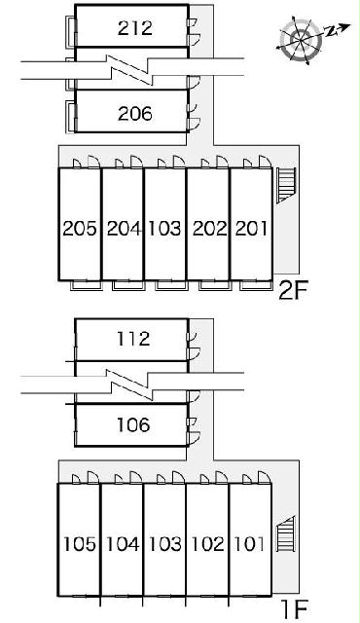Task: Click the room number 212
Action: tap(134, 28)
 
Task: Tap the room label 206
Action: tap(134, 114)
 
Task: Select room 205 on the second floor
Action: tap(80, 229)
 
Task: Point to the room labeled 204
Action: tap(124, 229)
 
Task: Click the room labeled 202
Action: tap(210, 229)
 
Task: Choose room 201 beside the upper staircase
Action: tap(251, 229)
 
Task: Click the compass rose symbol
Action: tap(301, 39)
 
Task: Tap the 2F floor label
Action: tap(293, 291)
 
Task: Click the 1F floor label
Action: tap(294, 608)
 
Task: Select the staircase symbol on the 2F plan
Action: tap(286, 185)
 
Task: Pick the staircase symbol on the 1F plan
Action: tap(285, 534)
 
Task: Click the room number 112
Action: tap(133, 339)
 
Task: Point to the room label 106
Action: tap(133, 424)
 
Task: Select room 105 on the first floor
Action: tap(80, 544)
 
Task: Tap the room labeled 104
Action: tap(123, 544)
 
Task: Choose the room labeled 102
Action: tap(207, 544)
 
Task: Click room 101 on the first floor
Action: tap(249, 544)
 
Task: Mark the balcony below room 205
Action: tap(86, 285)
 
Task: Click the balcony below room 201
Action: tap(255, 285)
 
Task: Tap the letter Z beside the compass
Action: tap(330, 31)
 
